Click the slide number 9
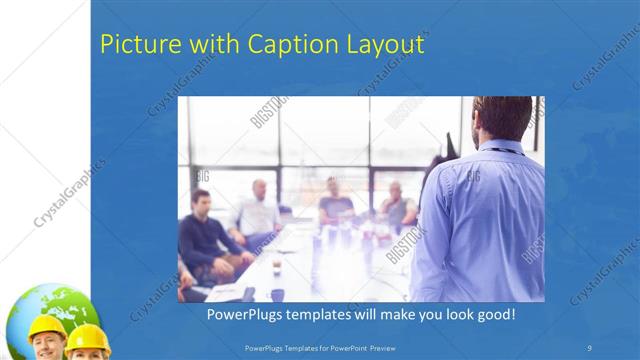pyautogui.click(x=590, y=346)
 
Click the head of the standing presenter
pyautogui.click(x=502, y=119)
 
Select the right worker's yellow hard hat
pyautogui.click(x=88, y=336)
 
